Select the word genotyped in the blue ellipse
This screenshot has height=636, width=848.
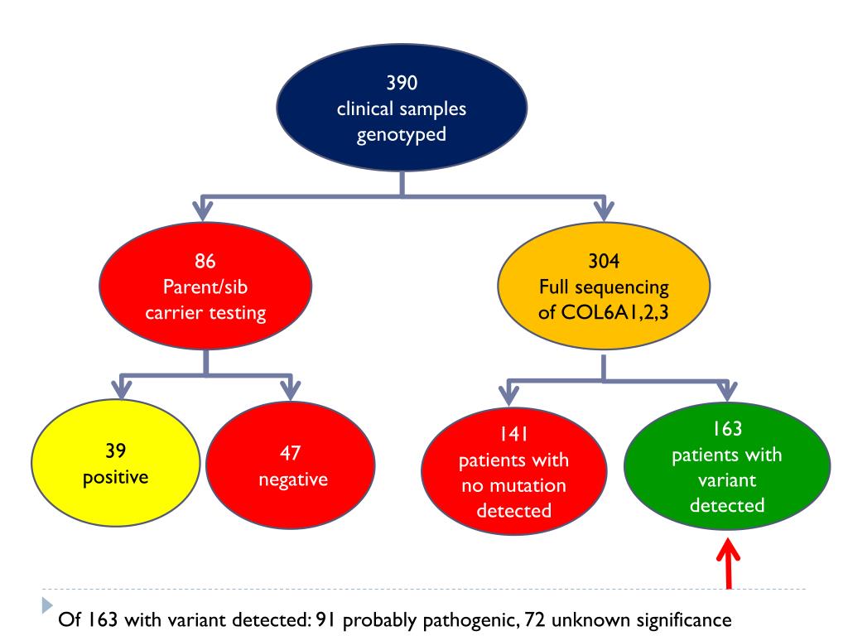402,134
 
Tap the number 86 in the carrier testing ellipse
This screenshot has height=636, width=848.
205,262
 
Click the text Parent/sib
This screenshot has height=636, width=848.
205,287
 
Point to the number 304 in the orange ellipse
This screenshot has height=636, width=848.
602,262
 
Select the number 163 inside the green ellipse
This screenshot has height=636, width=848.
726,429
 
